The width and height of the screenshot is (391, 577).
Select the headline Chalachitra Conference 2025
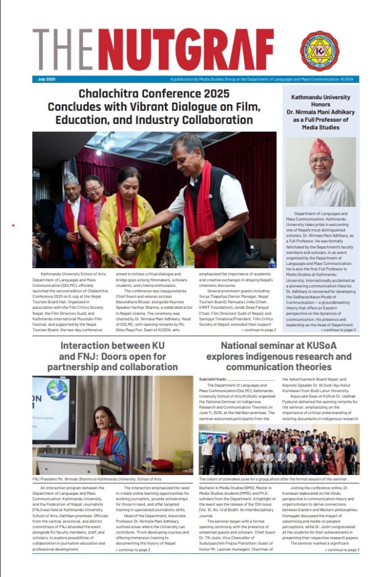[154, 94]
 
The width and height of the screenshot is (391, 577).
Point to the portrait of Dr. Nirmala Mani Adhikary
[321, 172]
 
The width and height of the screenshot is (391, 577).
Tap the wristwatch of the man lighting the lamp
[218, 236]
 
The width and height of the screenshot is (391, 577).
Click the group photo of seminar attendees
[278, 449]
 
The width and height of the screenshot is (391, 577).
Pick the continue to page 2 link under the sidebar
[337, 330]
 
